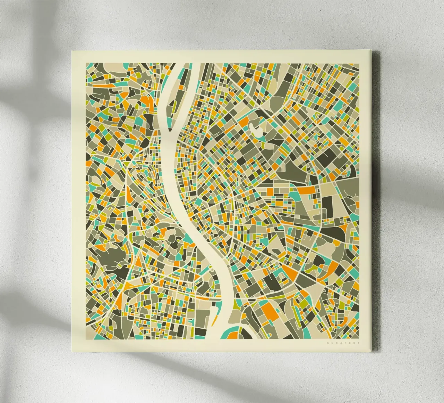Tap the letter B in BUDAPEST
(x=327, y=343)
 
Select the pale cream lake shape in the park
(x=258, y=130)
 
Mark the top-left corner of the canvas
(x=72, y=51)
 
